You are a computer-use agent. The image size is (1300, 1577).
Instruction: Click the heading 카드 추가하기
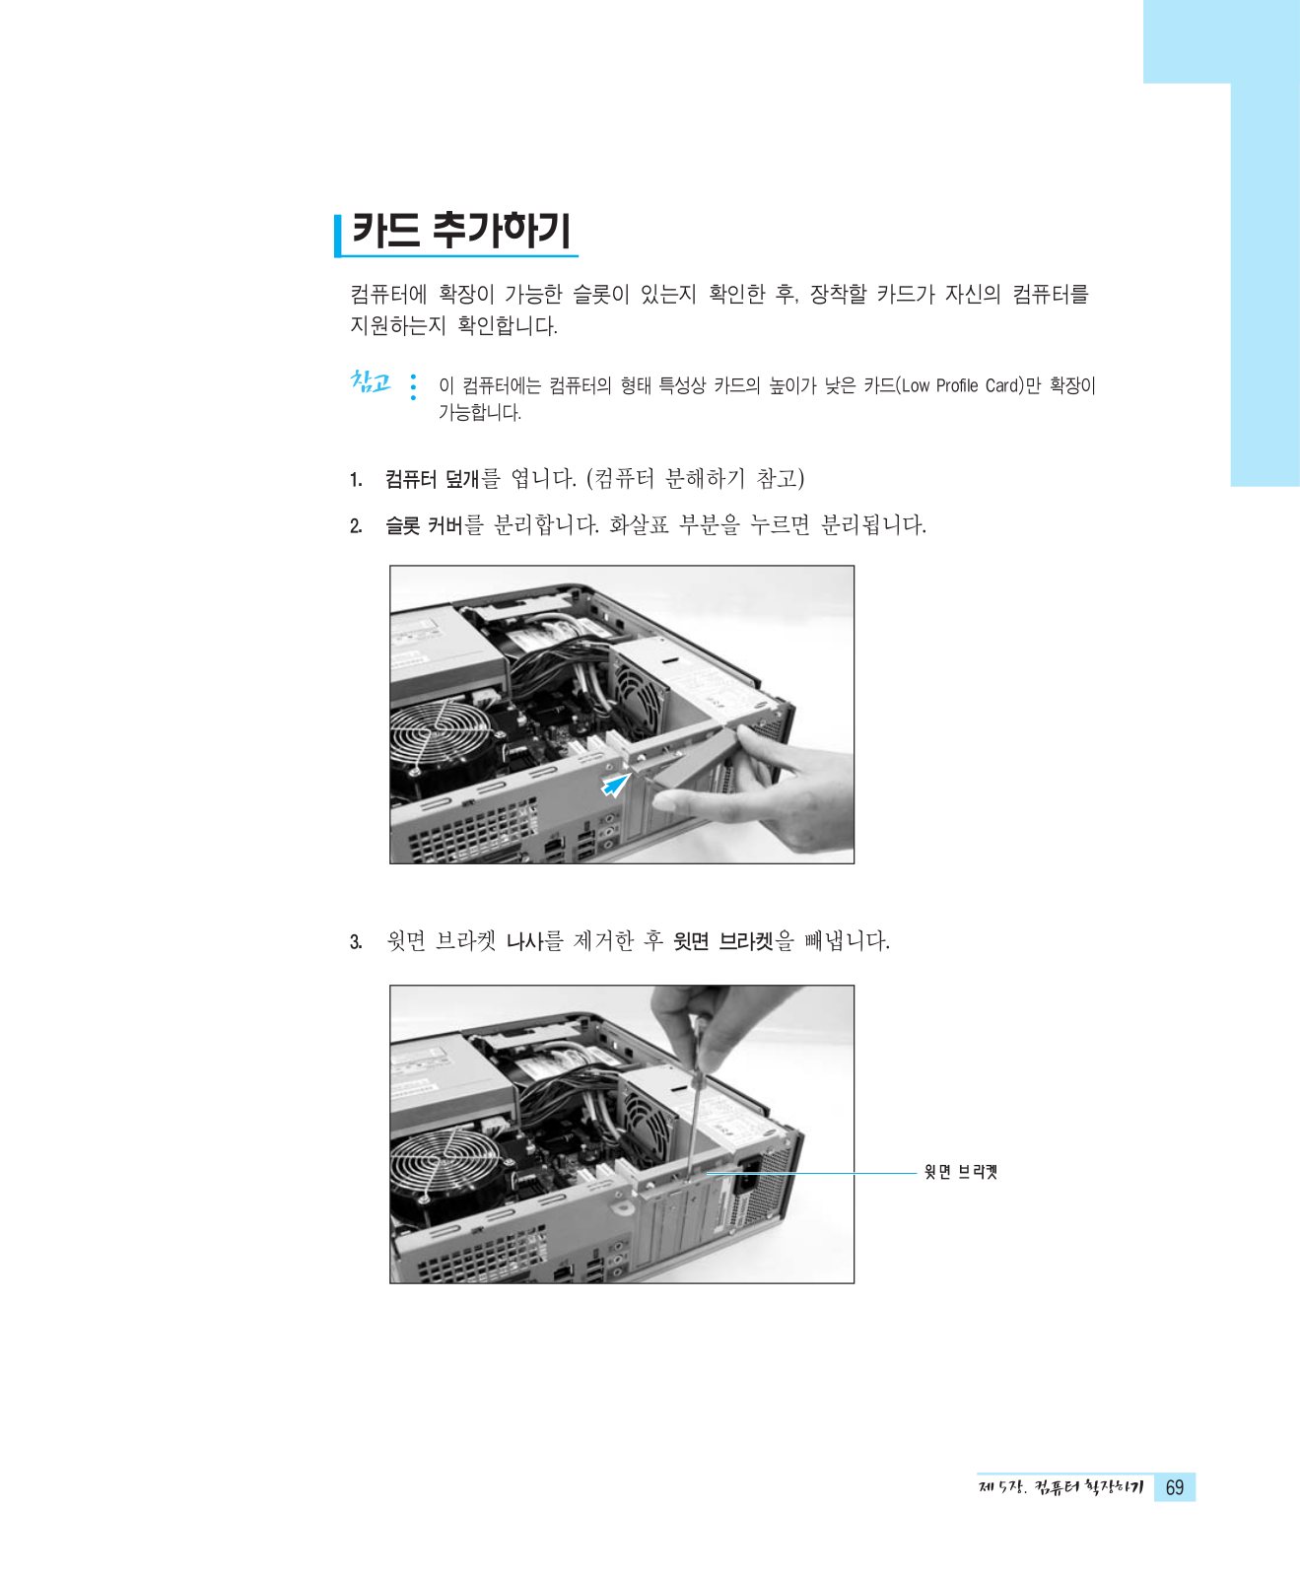click(461, 231)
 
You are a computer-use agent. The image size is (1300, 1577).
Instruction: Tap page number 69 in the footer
click(1175, 1487)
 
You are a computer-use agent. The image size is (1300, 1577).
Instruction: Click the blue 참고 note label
click(371, 381)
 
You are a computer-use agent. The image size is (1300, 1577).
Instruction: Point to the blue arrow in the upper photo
click(617, 784)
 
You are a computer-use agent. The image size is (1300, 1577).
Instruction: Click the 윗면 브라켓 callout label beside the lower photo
click(961, 1172)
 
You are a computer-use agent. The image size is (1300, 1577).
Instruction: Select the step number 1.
click(356, 480)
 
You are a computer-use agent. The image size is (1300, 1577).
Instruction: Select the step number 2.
click(356, 526)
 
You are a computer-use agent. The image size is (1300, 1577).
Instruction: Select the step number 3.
click(356, 942)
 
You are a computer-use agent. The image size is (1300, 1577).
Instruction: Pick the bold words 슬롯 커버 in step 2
click(424, 525)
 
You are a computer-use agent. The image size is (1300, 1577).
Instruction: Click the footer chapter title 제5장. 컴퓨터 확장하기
click(1061, 1487)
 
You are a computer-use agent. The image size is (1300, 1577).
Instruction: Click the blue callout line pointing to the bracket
click(812, 1173)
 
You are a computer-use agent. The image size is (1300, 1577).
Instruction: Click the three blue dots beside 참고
click(413, 386)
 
